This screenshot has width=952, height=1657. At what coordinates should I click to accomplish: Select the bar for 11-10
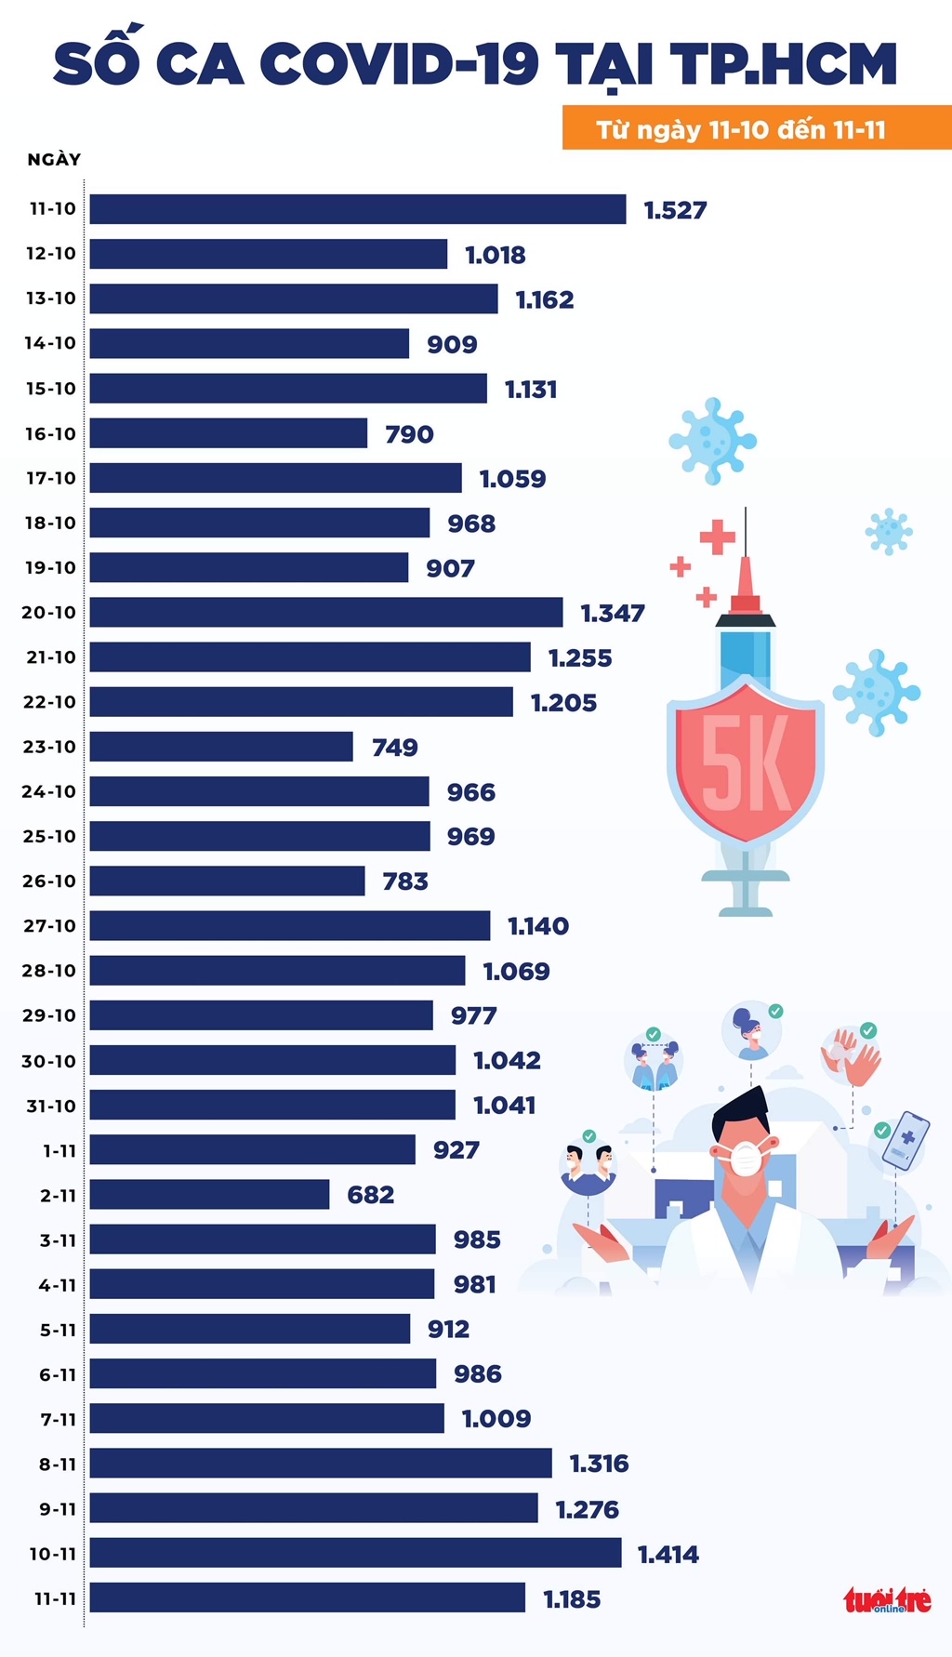tap(358, 209)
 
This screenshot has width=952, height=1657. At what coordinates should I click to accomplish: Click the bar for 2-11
tap(209, 1195)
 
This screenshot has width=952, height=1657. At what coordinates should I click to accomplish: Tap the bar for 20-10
tap(326, 613)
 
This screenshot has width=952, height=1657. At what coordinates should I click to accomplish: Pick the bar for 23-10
tap(221, 747)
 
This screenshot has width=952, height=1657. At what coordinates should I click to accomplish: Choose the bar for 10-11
tap(355, 1553)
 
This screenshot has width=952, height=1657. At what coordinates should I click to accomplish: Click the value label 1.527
tap(675, 211)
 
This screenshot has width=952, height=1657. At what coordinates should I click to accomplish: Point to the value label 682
tap(370, 1195)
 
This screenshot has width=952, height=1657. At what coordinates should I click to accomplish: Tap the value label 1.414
tap(668, 1554)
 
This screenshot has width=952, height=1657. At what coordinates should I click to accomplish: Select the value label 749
tap(394, 748)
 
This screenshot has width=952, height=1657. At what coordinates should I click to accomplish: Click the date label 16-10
tap(50, 434)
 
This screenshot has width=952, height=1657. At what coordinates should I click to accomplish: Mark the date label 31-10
tap(50, 1106)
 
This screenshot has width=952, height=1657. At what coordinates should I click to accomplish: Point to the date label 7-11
tap(57, 1419)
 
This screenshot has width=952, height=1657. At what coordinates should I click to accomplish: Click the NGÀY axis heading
tap(54, 160)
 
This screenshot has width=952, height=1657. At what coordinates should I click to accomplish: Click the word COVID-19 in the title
tap(399, 64)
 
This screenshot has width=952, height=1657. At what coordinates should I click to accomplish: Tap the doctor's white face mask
tap(746, 1158)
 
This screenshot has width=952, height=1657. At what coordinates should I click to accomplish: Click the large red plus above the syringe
tap(717, 537)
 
